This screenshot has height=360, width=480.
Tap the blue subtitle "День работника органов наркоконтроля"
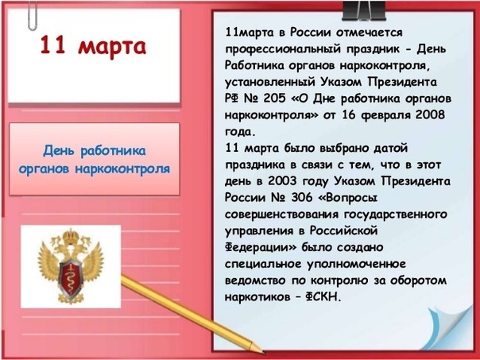[95, 160]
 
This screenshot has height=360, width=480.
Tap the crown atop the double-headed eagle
[71, 235]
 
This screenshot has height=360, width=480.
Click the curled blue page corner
[449, 327]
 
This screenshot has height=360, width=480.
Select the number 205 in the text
[271, 99]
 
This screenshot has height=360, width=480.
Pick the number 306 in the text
[302, 198]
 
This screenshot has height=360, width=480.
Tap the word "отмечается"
[370, 32]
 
